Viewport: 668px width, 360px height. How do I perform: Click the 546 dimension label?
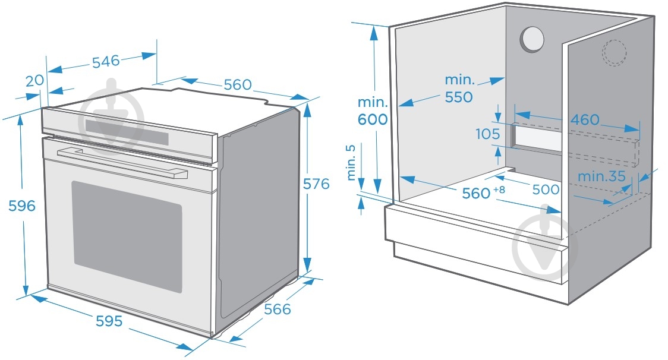click(106, 61)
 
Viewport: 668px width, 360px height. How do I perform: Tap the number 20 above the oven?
click(35, 80)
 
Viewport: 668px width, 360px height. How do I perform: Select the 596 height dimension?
click(22, 206)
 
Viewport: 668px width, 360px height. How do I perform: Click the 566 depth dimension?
click(278, 310)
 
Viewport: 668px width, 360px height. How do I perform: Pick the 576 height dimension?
click(316, 184)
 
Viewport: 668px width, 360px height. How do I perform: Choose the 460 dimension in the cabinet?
click(585, 120)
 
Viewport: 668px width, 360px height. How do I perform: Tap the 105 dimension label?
click(488, 134)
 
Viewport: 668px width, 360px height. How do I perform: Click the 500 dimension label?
click(546, 190)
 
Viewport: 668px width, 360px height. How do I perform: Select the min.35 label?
click(601, 176)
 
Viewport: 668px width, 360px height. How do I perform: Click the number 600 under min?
click(373, 119)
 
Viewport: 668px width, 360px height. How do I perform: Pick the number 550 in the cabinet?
click(459, 97)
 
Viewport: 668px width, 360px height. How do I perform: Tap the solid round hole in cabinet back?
click(532, 39)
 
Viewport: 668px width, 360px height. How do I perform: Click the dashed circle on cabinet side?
click(615, 52)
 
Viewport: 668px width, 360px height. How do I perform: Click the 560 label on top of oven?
click(238, 85)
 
